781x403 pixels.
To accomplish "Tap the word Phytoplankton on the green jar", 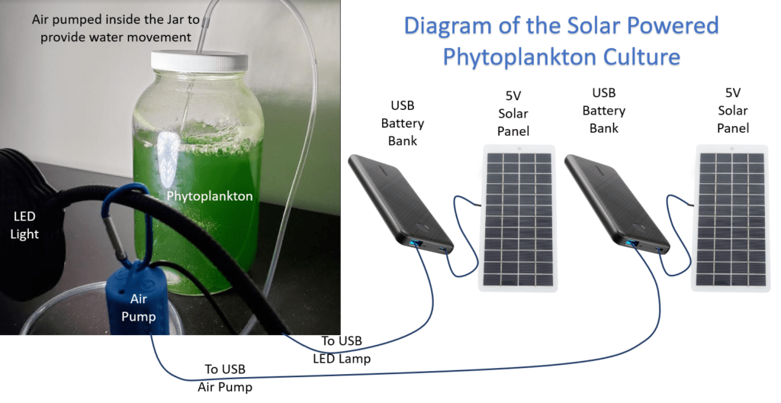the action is (x=210, y=195).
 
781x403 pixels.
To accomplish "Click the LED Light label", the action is (x=24, y=225).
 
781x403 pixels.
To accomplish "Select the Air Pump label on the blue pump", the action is (x=139, y=308).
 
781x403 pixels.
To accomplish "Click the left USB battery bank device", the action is (x=400, y=205).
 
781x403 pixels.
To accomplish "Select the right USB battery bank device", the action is (x=617, y=205).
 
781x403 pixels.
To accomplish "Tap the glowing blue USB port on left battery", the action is (x=414, y=243).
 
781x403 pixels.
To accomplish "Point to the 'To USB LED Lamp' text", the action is (x=342, y=350).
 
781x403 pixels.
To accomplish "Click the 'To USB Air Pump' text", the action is (x=225, y=378).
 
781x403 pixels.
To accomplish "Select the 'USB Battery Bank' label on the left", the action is (x=403, y=123).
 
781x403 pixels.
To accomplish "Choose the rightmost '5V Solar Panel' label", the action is (x=733, y=110).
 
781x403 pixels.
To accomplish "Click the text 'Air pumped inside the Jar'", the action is (x=116, y=19).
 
